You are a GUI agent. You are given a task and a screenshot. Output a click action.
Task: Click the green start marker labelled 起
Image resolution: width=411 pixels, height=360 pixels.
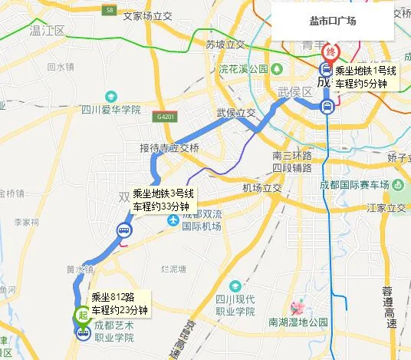[x=82, y=315]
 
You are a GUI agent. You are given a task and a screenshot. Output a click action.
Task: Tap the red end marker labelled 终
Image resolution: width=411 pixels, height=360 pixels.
[x=331, y=53]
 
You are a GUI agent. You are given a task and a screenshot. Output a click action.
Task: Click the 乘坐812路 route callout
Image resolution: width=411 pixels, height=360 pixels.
[x=119, y=304]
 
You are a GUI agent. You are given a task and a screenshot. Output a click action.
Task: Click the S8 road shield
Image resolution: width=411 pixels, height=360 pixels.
[x=111, y=10]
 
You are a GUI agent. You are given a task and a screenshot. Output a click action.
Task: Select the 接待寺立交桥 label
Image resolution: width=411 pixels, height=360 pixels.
[x=169, y=147]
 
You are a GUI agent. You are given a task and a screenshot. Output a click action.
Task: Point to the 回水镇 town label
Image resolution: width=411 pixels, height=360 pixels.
[x=60, y=67]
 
